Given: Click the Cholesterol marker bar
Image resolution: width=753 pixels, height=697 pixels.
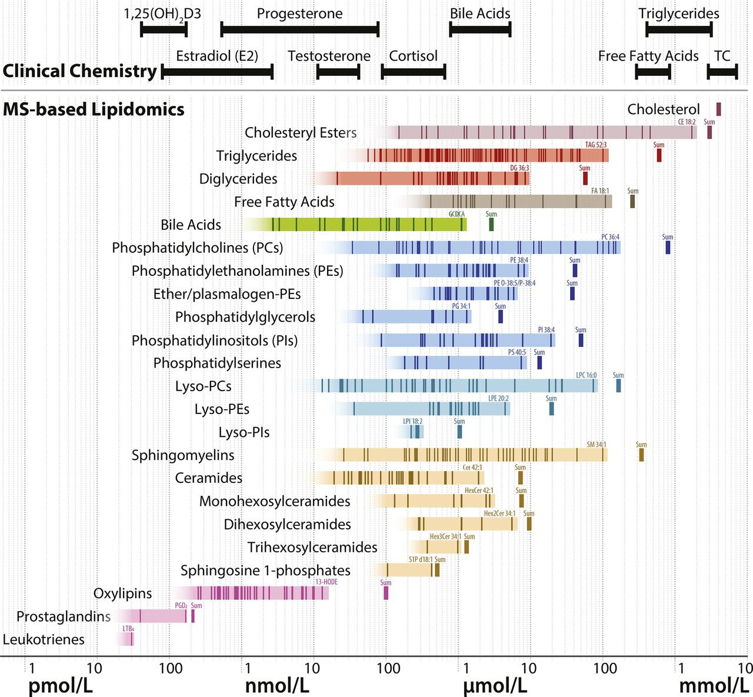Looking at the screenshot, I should click(718, 109).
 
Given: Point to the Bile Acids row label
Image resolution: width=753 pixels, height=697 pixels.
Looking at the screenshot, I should click(191, 225).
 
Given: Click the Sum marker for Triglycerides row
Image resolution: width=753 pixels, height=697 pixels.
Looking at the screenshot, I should click(659, 155).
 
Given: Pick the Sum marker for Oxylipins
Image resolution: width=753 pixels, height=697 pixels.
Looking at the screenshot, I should click(386, 593).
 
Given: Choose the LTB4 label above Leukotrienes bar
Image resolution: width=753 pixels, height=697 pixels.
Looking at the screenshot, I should click(128, 628).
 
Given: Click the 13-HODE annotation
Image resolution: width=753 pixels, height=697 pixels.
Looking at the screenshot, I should click(326, 582).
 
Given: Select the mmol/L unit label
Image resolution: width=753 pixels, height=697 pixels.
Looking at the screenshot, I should click(714, 686).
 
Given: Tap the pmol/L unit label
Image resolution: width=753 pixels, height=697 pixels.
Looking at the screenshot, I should click(61, 686).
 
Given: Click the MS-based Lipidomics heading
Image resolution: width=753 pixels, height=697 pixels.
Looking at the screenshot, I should click(94, 109).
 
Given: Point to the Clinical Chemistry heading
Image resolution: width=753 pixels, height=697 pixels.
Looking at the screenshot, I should click(79, 71).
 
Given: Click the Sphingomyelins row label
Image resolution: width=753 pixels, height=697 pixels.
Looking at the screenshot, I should click(183, 455).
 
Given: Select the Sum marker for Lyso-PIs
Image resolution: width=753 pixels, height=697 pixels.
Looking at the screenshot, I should click(459, 432).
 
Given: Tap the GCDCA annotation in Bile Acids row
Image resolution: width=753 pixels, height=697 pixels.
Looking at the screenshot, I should click(457, 214).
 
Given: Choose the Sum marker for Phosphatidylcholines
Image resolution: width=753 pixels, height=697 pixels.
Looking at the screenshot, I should click(668, 248).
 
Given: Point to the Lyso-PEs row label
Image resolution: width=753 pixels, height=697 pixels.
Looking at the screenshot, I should click(222, 409).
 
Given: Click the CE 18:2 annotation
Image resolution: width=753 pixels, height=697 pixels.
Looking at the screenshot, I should click(687, 122).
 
